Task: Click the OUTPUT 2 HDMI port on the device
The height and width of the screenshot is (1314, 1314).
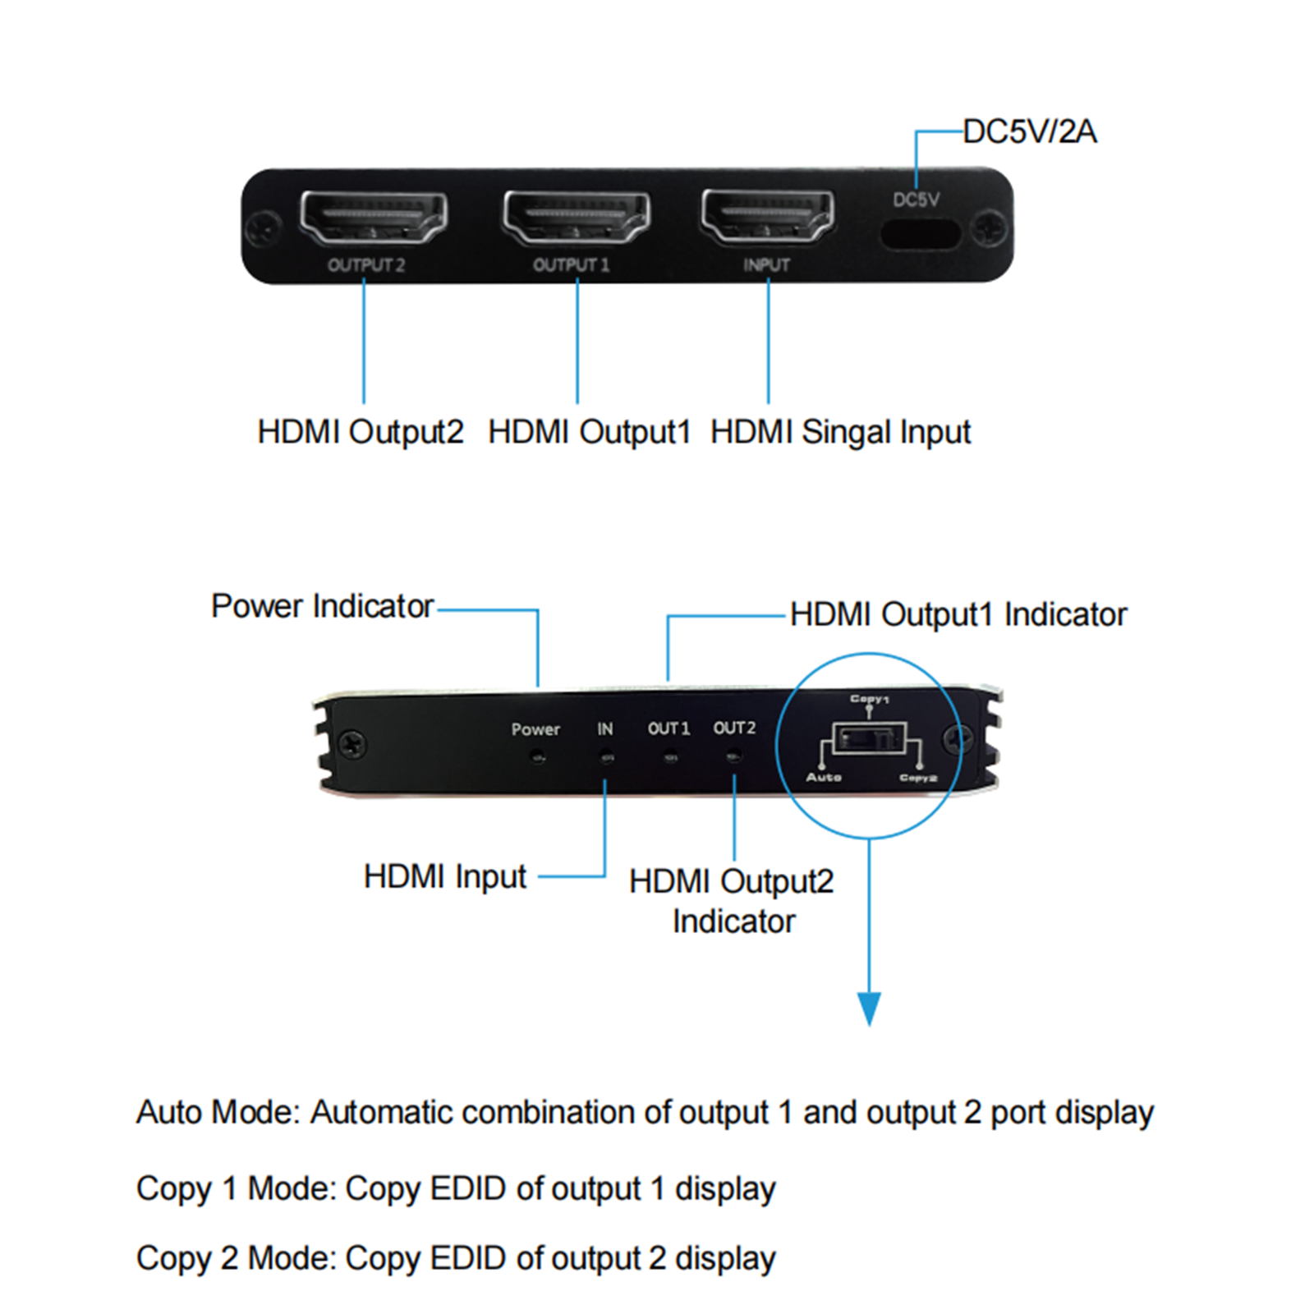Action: tap(374, 217)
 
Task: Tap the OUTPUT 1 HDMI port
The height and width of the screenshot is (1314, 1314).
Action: tap(577, 217)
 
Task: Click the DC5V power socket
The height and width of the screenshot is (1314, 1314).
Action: tap(921, 234)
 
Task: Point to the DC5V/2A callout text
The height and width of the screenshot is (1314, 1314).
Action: tap(1029, 131)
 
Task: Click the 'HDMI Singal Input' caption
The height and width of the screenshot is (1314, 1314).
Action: tap(840, 432)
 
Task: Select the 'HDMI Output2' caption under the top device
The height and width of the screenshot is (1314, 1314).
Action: tap(361, 432)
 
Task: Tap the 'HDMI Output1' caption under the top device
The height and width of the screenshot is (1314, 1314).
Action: tap(589, 432)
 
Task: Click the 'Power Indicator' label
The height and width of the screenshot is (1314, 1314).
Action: tap(322, 606)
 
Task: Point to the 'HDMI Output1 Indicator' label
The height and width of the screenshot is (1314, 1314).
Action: tap(958, 614)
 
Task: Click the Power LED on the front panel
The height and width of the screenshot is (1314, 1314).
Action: tap(537, 757)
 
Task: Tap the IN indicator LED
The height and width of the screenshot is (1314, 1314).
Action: tap(606, 757)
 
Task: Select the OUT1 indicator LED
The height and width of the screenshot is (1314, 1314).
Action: tap(670, 757)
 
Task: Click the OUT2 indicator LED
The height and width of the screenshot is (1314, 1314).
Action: tap(734, 756)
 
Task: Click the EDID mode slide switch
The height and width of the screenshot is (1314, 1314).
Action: tap(869, 738)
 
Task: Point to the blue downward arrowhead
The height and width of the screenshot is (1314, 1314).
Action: tap(869, 1008)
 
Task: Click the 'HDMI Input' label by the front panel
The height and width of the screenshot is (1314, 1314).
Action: tap(444, 876)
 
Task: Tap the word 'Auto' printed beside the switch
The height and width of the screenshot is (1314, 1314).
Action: tap(824, 777)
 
